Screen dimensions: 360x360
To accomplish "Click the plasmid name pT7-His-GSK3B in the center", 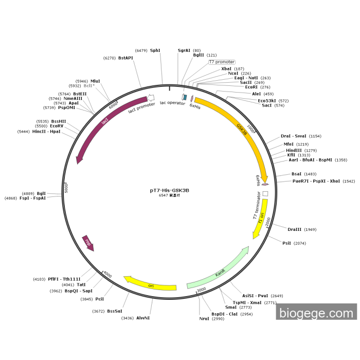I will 169,190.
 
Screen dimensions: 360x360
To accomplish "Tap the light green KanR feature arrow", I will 220,271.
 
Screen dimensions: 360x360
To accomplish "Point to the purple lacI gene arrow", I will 104,121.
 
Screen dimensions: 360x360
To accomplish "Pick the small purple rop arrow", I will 88,243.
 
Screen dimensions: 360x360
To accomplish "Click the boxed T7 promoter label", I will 222,62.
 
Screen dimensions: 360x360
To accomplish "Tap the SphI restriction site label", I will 155,50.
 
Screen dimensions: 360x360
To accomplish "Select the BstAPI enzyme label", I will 125,58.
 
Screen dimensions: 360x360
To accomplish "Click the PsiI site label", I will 286,243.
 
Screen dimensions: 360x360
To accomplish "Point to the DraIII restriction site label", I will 295,229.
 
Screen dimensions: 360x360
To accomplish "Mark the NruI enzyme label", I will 205,319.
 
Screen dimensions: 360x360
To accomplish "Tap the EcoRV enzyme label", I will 57,126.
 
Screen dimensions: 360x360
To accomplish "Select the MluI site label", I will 96,81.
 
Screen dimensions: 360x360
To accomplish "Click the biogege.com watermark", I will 316,313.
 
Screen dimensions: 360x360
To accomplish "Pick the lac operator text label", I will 172,103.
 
